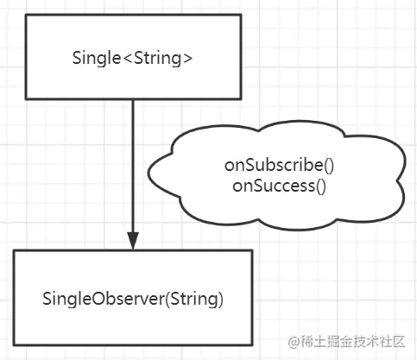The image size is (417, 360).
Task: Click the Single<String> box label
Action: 132,58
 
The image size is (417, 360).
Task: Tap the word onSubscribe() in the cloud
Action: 279,166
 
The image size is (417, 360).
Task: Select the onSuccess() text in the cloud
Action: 279,186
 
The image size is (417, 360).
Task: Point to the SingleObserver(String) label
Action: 133,299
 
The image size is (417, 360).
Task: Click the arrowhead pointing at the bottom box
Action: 133,241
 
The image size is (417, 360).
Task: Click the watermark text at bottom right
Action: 347,342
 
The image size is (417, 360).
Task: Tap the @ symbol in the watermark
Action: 294,342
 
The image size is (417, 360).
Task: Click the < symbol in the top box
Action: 128,59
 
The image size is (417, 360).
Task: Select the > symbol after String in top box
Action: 187,59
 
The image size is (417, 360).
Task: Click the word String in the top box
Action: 157,59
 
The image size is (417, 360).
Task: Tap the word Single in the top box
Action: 97,59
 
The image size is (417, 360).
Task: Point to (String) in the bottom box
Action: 194,300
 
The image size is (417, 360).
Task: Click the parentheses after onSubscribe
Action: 329,166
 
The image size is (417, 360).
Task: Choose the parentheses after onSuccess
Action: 321,186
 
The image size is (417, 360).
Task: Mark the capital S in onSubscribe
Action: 252,166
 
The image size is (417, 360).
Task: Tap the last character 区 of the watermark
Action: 399,342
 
